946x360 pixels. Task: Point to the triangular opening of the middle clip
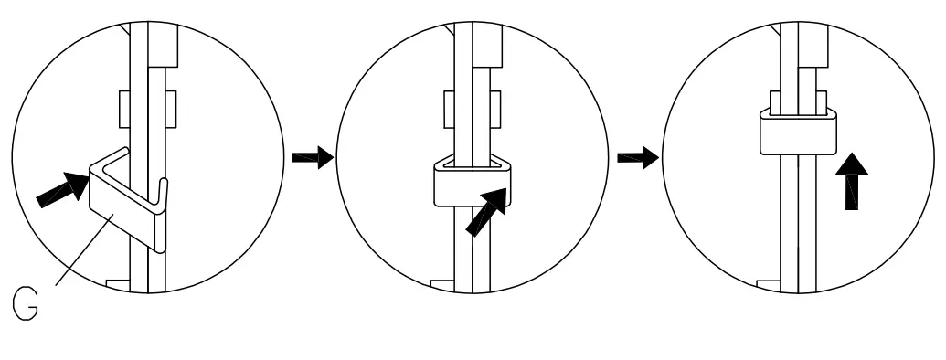(471, 165)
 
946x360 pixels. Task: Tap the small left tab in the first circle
(124, 110)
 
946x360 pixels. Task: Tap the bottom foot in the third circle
(770, 284)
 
